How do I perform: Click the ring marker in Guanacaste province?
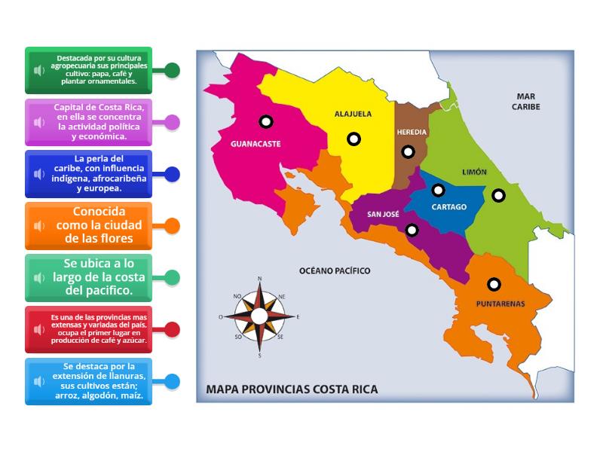click(265, 121)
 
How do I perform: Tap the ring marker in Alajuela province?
click(354, 139)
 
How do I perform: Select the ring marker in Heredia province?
click(408, 151)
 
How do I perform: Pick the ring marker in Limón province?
click(498, 195)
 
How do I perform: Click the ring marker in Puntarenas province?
click(494, 284)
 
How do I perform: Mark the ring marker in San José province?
click(412, 230)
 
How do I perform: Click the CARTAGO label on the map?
click(449, 206)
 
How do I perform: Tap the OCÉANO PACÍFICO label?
click(335, 270)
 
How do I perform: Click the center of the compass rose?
click(259, 316)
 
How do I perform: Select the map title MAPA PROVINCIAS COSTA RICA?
click(292, 389)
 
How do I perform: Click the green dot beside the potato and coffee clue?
click(173, 71)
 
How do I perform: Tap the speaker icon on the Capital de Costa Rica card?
click(39, 122)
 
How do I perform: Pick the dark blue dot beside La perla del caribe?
click(173, 174)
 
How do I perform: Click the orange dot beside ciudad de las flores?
click(173, 225)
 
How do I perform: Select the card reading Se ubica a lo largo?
click(88, 277)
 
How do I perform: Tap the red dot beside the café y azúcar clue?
click(173, 329)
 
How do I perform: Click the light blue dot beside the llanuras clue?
click(173, 381)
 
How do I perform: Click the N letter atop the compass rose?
click(260, 279)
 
